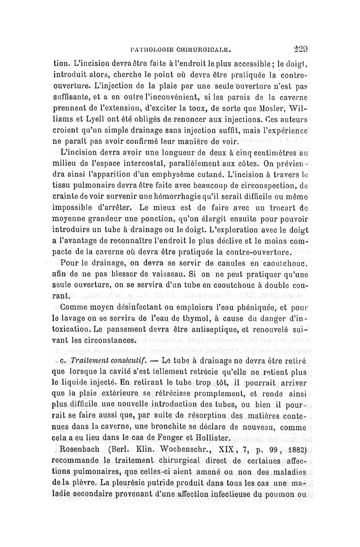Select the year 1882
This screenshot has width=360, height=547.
295,450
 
